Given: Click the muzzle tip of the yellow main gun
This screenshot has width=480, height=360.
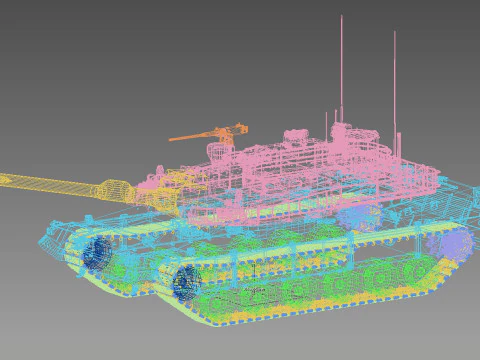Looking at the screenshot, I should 3,181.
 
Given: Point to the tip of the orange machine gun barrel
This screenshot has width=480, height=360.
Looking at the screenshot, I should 170,139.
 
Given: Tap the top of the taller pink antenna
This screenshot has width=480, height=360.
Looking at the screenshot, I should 342,17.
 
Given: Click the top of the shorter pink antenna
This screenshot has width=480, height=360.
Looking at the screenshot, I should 394,33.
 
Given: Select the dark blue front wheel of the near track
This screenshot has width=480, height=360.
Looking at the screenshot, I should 186,283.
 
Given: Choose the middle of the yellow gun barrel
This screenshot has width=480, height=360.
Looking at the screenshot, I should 55,183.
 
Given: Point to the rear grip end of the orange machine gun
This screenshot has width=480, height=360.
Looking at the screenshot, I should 242,128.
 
